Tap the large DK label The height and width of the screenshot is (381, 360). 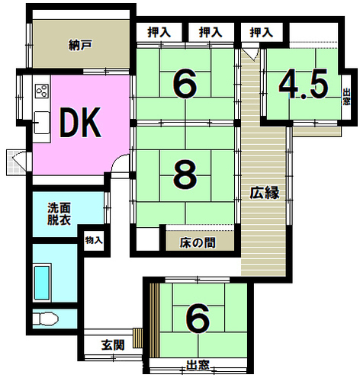[80, 122]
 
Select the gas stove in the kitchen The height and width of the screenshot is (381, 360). [42, 91]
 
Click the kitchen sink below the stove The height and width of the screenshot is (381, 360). [42, 123]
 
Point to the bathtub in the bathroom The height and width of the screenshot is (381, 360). [42, 283]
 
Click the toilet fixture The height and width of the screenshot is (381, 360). [46, 319]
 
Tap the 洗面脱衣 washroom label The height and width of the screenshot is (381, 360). [59, 214]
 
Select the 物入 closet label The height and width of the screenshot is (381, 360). [94, 240]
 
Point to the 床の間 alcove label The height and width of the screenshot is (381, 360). [198, 243]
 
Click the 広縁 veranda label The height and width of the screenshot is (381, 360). [265, 192]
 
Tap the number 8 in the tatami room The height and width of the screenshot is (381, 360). [185, 174]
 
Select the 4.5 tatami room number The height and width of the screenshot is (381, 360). [304, 84]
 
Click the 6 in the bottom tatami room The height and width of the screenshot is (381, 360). [198, 319]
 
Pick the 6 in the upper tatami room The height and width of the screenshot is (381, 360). [185, 84]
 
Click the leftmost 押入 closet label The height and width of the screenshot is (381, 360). [159, 33]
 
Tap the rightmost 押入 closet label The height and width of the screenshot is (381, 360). [262, 33]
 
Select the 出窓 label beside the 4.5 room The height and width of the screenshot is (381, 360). [346, 97]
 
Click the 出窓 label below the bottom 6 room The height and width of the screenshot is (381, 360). [198, 365]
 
